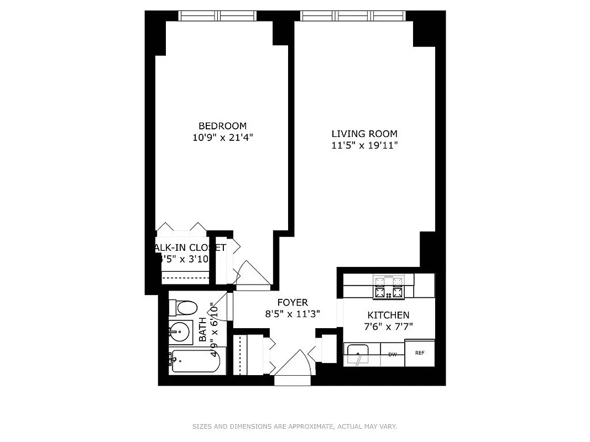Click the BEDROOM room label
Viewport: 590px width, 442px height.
pos(222,126)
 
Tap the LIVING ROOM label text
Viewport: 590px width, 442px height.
pos(364,134)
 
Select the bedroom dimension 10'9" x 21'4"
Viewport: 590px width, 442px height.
pos(222,138)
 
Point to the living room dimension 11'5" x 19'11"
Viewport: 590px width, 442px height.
pos(364,145)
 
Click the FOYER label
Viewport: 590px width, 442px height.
pos(293,302)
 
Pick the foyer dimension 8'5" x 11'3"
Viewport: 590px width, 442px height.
pos(293,314)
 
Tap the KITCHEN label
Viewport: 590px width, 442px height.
pos(389,315)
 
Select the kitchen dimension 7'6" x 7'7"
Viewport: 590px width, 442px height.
pos(389,326)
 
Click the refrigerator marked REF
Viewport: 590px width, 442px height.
pos(420,353)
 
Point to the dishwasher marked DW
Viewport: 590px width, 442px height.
pos(393,354)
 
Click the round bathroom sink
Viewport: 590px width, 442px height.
pos(179,333)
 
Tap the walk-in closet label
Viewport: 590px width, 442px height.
pos(189,248)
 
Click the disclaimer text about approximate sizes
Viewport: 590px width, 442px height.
pos(294,427)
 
